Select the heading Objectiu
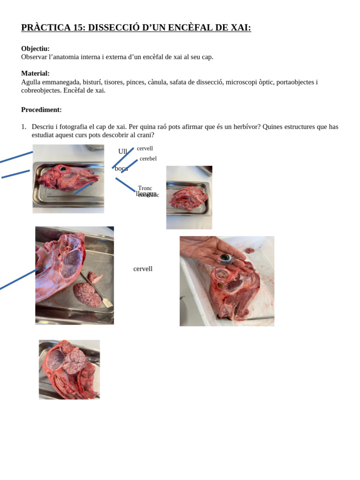pyautogui.click(x=35, y=49)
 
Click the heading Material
pyautogui.click(x=35, y=74)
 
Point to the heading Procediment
pyautogui.click(x=41, y=110)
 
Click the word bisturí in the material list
pyautogui.click(x=92, y=82)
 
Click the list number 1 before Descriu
pyautogui.click(x=23, y=127)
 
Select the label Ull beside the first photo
pyautogui.click(x=123, y=151)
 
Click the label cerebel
pyautogui.click(x=148, y=158)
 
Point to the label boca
pyautogui.click(x=121, y=168)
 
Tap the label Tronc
pyautogui.click(x=145, y=188)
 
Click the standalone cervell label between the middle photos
pyautogui.click(x=143, y=269)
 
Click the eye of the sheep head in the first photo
pyautogui.click(x=62, y=168)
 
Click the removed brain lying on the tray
pyautogui.click(x=87, y=294)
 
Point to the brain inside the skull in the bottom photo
pyautogui.click(x=74, y=360)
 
